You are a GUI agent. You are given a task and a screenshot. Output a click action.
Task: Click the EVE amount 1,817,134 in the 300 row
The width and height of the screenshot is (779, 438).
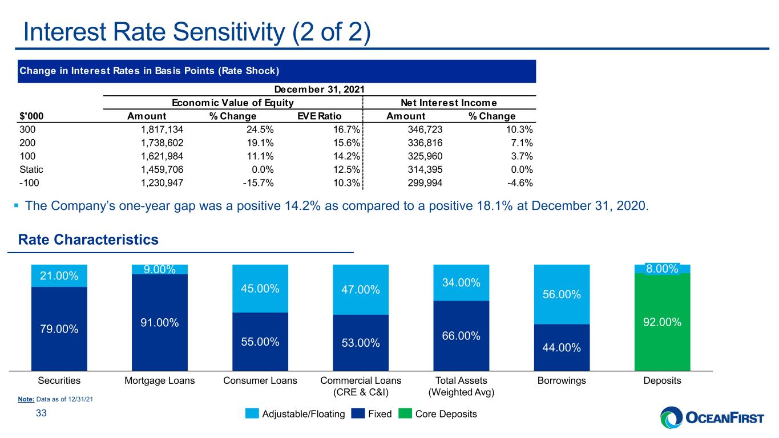click(x=162, y=129)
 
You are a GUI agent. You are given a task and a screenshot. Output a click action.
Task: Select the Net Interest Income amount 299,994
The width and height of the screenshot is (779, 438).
click(x=425, y=183)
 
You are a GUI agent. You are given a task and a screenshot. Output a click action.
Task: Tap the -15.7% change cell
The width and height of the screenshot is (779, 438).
click(x=258, y=183)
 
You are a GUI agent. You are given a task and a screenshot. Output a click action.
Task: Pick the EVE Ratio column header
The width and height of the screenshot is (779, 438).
click(x=319, y=116)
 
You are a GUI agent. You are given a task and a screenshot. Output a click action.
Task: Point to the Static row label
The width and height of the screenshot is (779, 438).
click(x=31, y=169)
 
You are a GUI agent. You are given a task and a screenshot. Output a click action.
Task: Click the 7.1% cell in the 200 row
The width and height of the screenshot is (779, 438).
click(x=522, y=143)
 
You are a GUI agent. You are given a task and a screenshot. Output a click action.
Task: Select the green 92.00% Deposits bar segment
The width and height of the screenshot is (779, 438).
click(x=662, y=322)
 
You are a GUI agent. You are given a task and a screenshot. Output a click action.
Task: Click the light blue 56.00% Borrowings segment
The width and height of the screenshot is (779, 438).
click(x=562, y=294)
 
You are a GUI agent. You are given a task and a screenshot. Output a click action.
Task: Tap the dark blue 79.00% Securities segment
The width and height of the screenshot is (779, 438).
click(x=59, y=329)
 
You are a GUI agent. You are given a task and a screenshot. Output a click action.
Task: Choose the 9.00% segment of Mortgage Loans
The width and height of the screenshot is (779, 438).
click(x=160, y=269)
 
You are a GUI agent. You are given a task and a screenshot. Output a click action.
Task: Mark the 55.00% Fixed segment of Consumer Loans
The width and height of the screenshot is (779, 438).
click(x=260, y=342)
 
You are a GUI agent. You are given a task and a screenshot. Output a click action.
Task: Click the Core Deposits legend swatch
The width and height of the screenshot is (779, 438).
click(x=405, y=413)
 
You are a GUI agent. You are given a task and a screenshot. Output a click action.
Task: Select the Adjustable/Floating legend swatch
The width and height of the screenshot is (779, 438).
click(x=252, y=413)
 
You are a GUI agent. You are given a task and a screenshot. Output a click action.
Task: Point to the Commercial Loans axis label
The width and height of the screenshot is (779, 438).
click(x=361, y=386)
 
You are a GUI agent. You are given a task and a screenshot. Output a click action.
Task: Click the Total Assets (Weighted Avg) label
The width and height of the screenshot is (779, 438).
click(x=461, y=386)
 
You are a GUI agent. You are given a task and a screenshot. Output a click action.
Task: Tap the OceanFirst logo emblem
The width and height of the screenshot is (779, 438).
click(x=672, y=417)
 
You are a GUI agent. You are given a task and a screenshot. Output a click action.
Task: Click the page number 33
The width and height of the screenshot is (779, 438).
click(x=42, y=413)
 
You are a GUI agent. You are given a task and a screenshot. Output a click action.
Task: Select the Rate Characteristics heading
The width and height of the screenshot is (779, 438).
click(x=88, y=240)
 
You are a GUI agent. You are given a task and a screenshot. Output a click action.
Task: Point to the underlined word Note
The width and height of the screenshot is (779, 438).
click(x=26, y=399)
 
